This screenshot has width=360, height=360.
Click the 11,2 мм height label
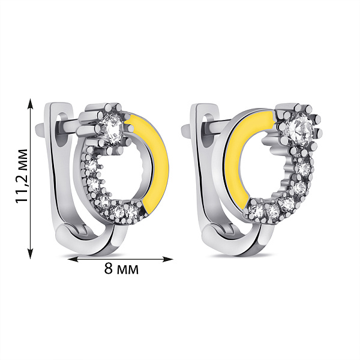click(x=22, y=176)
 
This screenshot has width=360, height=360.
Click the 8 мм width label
click(x=121, y=268)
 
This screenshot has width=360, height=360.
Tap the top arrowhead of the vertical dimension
click(x=31, y=103)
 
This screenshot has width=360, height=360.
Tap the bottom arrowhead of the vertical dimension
click(x=31, y=253)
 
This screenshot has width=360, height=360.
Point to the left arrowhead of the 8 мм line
click(x=73, y=259)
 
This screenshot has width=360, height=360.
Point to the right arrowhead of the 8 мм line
click(x=168, y=259)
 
